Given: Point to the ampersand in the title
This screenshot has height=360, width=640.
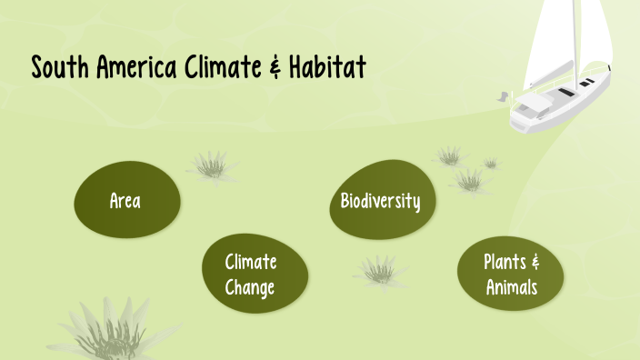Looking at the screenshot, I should (273, 68).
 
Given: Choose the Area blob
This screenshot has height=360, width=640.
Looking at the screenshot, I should (125, 201).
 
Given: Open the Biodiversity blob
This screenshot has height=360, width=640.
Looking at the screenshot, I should (380, 201).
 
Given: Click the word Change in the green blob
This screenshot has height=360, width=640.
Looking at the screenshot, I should (251, 287).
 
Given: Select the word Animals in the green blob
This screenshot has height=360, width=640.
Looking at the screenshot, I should (511, 287).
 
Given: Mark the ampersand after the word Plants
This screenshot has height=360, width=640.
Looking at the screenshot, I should (535, 263).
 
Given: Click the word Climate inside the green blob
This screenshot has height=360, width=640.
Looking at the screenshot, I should (251, 264).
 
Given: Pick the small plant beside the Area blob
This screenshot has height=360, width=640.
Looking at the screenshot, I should (212, 165).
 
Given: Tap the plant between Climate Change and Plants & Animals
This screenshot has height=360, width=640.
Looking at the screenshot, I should (379, 270).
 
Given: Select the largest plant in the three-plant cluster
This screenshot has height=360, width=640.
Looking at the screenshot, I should (470, 180).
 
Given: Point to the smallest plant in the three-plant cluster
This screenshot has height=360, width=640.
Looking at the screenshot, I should (491, 164).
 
